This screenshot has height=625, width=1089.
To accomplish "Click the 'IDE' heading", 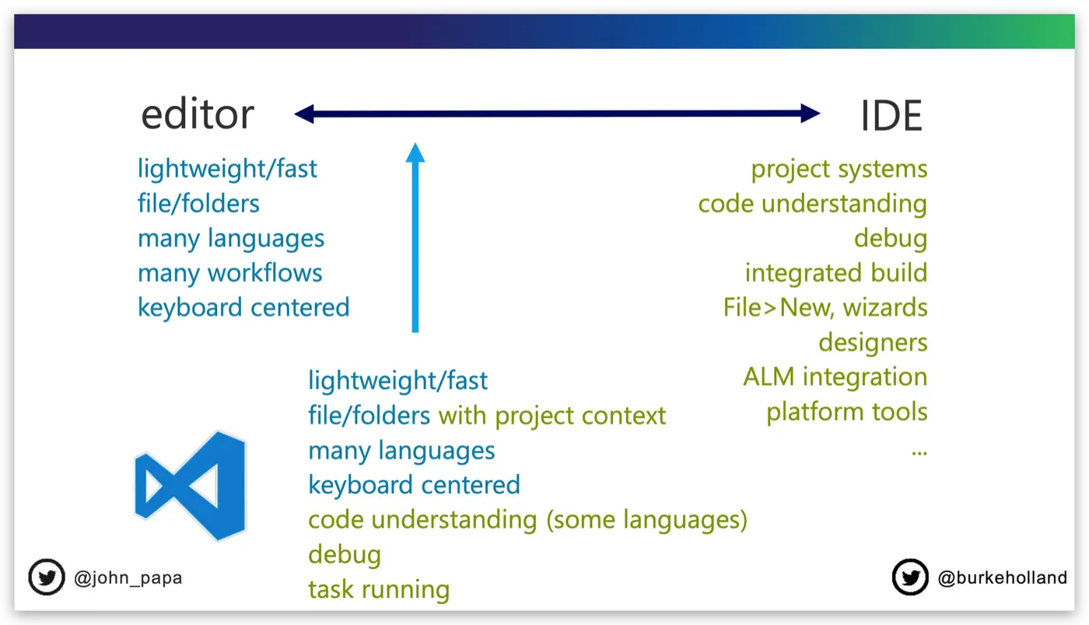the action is click(x=891, y=116).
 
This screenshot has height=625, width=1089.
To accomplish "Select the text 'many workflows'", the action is click(x=230, y=273).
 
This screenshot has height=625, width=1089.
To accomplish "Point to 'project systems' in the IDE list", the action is click(x=839, y=170).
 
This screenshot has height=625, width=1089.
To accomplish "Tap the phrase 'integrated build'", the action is click(x=836, y=273).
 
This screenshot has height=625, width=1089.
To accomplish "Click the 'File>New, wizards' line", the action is click(x=825, y=308).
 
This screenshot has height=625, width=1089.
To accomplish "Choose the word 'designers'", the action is click(x=873, y=343).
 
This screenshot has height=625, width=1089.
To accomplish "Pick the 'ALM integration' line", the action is click(x=835, y=377).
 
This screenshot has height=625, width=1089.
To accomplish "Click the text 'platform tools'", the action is click(x=847, y=413).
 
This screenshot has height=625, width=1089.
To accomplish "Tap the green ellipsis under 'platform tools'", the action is click(x=919, y=453).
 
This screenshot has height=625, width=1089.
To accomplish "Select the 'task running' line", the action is click(x=379, y=590).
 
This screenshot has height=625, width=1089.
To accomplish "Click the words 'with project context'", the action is click(x=552, y=416).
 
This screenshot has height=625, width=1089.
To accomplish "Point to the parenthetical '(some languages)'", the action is click(x=646, y=521).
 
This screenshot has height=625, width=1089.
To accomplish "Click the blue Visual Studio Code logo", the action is click(x=191, y=486).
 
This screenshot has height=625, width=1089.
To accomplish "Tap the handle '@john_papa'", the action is click(x=128, y=578).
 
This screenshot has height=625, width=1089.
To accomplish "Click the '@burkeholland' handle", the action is click(x=1003, y=578).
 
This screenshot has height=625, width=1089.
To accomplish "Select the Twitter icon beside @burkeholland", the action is click(x=910, y=577).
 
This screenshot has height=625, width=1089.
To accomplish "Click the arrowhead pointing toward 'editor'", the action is click(x=304, y=114).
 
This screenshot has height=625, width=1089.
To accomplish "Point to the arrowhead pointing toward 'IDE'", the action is click(x=811, y=114).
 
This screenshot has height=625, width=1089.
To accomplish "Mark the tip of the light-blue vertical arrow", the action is click(x=415, y=142).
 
